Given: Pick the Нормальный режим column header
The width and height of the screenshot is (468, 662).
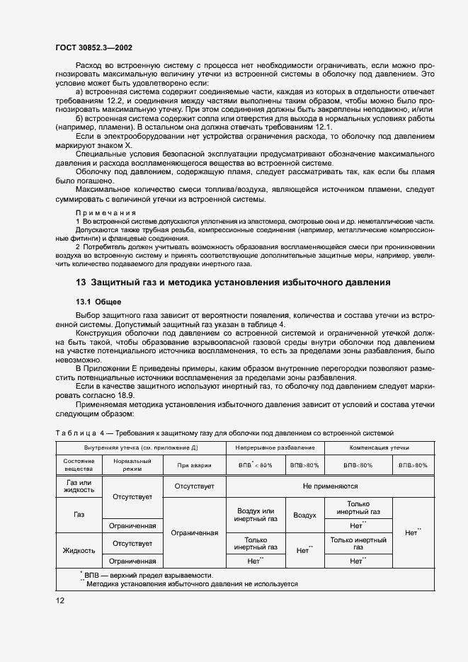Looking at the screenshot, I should click(x=132, y=464).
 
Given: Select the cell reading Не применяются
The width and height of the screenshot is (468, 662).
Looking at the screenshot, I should click(x=329, y=486).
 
